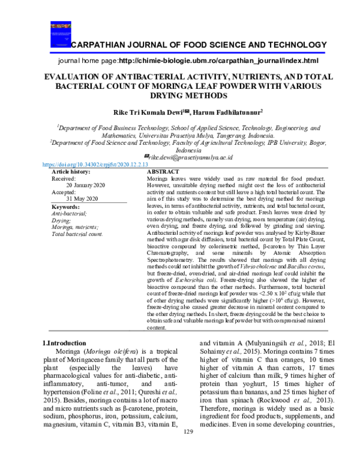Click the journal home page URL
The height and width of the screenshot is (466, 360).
(x=218, y=61)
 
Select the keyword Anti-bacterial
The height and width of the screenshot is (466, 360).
(x=69, y=213)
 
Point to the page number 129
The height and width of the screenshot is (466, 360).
(x=188, y=448)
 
